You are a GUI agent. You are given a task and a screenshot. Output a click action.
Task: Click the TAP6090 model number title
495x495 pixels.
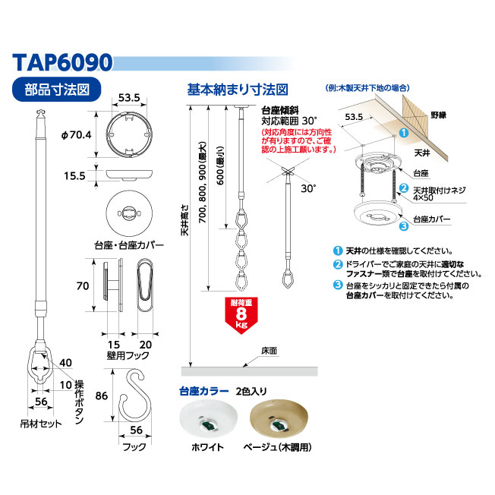point(62,62)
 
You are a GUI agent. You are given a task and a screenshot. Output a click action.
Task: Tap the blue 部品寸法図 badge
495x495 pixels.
point(56,90)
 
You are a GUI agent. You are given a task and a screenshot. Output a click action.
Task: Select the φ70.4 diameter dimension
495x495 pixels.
point(77,135)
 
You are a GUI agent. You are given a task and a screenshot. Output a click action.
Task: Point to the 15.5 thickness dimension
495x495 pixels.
point(74,176)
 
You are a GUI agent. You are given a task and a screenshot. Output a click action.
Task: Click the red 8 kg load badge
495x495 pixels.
point(241,315)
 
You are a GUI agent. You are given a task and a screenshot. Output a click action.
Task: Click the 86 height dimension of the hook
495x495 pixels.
point(101,396)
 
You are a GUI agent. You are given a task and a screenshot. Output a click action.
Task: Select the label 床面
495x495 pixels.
point(269,351)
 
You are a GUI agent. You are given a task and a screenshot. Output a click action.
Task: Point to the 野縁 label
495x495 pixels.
point(439,115)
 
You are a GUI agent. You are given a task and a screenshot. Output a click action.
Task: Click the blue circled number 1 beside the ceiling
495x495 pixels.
point(404,133)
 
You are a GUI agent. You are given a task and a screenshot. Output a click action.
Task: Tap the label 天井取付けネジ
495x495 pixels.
point(439,190)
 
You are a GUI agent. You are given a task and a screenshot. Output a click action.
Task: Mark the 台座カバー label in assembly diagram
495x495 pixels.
point(431,219)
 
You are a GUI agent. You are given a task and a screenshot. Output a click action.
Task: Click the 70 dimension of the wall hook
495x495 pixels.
point(83,286)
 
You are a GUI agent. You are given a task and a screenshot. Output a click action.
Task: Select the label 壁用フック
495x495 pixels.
point(128,355)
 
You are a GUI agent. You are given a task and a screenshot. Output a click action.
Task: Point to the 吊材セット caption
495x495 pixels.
point(41,424)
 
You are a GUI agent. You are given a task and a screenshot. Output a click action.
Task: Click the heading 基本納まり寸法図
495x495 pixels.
point(238,90)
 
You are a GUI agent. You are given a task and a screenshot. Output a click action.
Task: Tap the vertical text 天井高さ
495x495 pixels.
point(185,220)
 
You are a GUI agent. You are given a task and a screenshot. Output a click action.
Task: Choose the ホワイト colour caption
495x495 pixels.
point(207,447)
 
